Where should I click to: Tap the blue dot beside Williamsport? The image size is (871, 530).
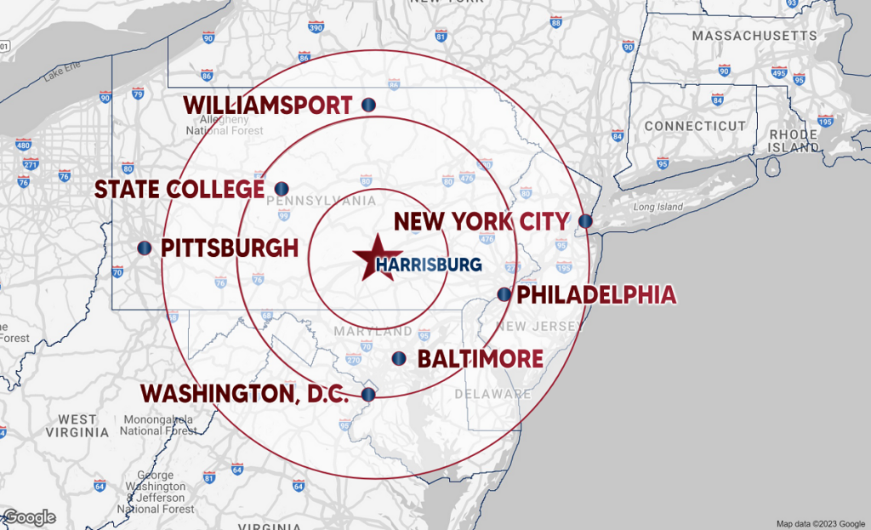[369, 105]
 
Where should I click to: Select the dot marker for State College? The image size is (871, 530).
[282, 188]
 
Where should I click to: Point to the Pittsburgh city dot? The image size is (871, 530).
[145, 248]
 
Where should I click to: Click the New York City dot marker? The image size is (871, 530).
[585, 221]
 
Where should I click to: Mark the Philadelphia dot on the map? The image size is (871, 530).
[504, 294]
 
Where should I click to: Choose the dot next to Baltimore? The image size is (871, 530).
[398, 358]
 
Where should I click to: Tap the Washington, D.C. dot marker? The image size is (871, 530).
[368, 394]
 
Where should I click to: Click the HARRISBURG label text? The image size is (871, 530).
[429, 265]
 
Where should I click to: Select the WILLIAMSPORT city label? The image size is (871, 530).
[268, 105]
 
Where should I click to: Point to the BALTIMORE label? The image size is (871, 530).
[480, 358]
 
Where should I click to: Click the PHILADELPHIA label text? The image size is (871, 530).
[596, 295]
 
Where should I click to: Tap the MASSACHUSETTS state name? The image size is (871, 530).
[754, 36]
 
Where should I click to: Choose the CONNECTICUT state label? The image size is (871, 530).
[694, 126]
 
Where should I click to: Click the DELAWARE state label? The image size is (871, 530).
[492, 394]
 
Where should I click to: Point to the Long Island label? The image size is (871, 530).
[658, 207]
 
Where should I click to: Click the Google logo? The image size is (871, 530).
[30, 517]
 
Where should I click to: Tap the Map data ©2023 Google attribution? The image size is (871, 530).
[821, 523]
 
